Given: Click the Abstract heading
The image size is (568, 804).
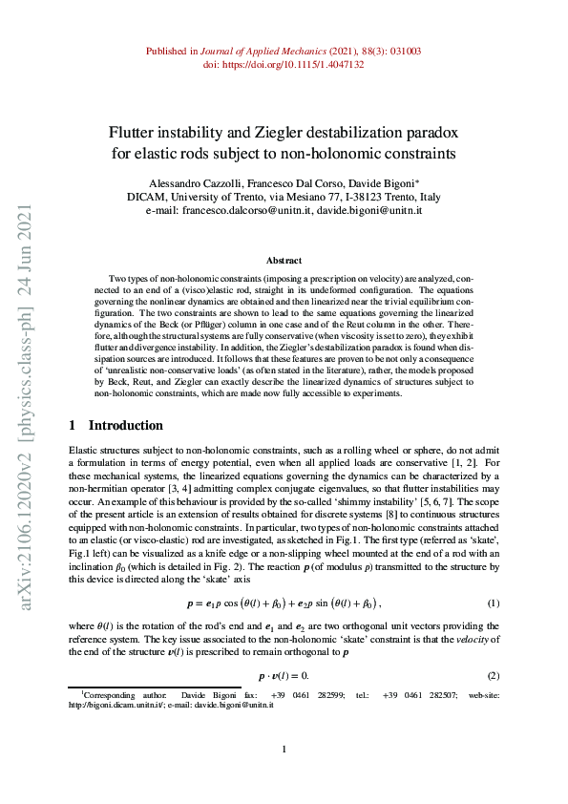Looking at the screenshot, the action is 284,261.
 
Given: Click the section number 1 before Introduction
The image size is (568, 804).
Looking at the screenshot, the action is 74,425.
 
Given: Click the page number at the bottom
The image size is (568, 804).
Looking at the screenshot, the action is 284,749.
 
